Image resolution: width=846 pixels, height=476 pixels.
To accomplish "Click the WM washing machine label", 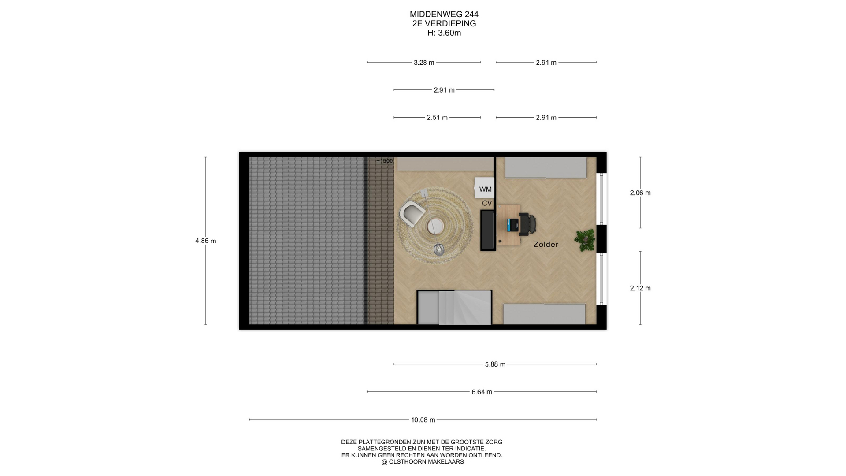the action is coord(485,190).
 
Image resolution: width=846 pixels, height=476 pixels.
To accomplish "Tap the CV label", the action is coord(487,203).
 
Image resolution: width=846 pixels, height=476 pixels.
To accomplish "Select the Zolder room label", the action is coord(546,244).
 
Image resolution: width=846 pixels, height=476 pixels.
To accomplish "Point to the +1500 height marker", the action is coord(384,161).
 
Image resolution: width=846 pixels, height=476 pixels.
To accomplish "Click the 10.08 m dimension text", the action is coord(423,420).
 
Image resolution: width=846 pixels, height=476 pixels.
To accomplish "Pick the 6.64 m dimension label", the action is coord(482,392).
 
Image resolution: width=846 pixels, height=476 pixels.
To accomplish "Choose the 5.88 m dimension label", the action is coord(495,364).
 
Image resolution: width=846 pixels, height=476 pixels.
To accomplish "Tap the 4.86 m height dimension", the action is coord(206,241).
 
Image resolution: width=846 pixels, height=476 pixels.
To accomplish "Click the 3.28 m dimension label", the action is coord(424,63).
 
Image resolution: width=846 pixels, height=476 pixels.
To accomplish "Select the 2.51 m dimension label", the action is coord(437,118).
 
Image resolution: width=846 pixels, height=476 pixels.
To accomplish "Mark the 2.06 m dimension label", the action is coord(640,193).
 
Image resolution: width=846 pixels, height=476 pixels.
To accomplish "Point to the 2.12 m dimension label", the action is coord(640,288).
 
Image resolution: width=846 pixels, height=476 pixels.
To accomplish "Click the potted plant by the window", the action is coord(585,240).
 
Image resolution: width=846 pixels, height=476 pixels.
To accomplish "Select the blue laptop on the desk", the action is coord(512,225).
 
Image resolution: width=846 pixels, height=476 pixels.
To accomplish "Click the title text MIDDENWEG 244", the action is coord(444,14).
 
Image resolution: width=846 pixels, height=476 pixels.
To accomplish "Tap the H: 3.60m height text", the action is coord(444,33).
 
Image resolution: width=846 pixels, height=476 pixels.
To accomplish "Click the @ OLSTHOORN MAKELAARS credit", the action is coord(423,462).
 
